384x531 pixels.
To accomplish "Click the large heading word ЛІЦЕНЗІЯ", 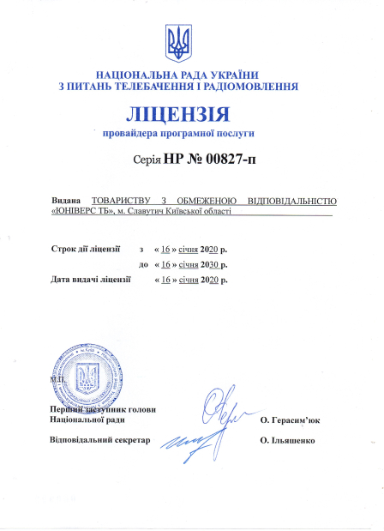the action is [x=179, y=114].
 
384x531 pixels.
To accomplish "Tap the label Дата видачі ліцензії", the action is [x=91, y=280].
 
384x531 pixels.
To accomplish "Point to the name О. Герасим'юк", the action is [x=290, y=420].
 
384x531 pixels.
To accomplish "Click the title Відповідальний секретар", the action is [x=100, y=440].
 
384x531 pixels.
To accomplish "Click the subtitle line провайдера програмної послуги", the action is [x=179, y=134].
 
